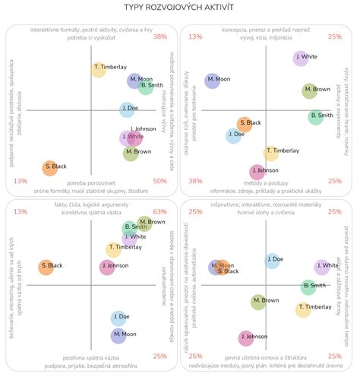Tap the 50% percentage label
pos(159,181)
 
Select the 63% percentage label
pos(159,212)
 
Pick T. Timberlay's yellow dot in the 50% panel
pos(98,70)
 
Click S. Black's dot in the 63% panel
pos(45,266)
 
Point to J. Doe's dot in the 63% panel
pos(119,317)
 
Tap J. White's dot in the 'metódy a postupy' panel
pos(300,58)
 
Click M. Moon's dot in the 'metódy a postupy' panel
pos(212,80)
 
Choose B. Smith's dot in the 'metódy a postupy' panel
pos(316,117)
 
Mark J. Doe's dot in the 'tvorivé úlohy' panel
pos(272,261)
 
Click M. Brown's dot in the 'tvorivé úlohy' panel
pos(258,302)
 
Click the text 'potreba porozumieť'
pos(90,183)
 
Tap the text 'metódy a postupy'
pos(264,183)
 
